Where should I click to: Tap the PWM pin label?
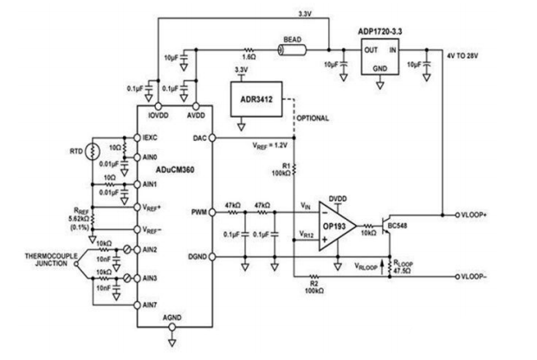tap(198, 211)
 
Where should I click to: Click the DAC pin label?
tap(200, 138)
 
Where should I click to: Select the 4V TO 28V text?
tap(469, 56)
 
